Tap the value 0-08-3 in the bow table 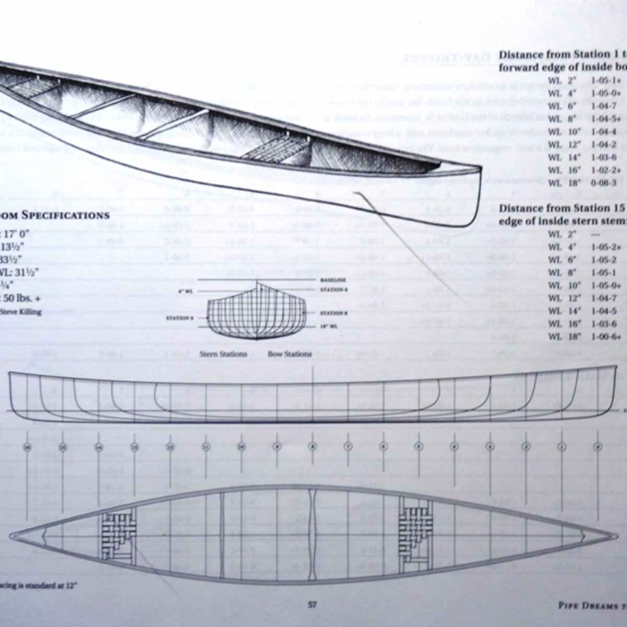604,183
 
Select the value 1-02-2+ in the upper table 606,170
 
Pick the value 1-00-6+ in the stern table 606,336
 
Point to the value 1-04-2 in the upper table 604,145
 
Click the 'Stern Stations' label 223,354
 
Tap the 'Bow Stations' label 289,354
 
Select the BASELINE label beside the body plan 333,281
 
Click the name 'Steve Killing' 22,312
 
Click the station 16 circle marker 28,447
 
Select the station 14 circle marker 99,447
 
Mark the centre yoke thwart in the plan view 312,536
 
